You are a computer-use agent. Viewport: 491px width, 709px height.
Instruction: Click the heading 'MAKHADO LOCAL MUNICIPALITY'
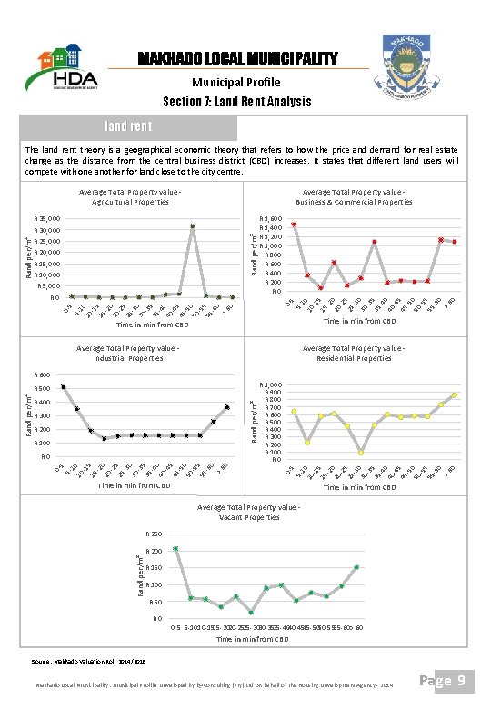[x=237, y=59]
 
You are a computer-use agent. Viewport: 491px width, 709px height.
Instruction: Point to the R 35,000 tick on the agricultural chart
[x=47, y=219]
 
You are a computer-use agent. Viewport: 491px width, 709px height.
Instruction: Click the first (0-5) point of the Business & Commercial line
[x=294, y=224]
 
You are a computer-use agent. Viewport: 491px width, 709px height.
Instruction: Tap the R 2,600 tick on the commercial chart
[x=270, y=219]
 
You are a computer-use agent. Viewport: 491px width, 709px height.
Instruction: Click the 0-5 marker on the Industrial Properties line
[x=64, y=386]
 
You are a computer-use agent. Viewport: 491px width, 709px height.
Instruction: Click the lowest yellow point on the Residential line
[x=361, y=452]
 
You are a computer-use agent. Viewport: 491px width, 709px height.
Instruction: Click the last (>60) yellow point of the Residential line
[x=454, y=395]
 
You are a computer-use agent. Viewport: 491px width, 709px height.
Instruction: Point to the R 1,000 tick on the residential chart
[x=270, y=384]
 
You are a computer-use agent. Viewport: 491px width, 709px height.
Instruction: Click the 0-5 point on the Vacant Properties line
[x=175, y=549]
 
